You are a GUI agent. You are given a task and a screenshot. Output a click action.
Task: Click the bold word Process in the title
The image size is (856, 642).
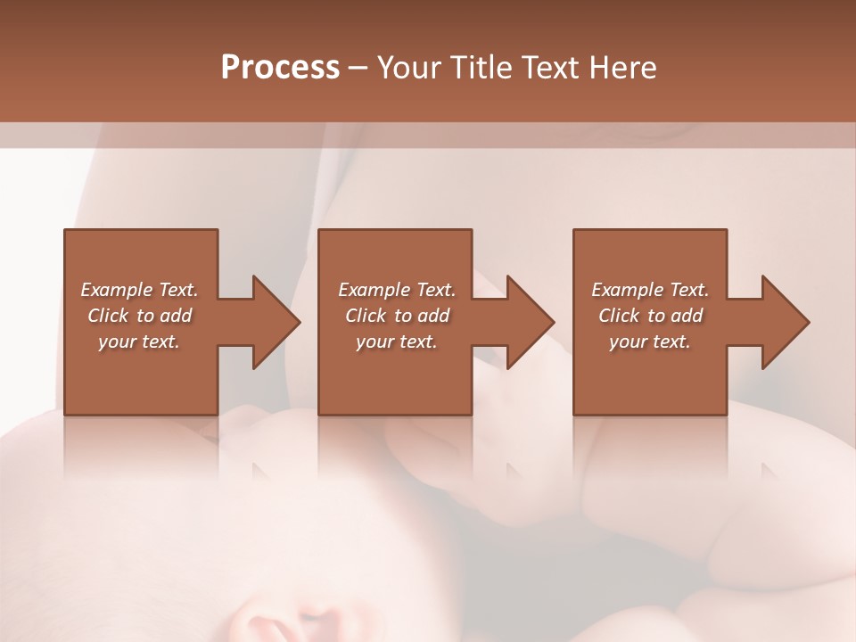click(280, 68)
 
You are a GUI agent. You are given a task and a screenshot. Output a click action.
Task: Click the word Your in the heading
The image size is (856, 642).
click(409, 68)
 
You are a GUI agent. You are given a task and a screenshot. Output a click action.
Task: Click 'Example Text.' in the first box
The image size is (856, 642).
click(139, 290)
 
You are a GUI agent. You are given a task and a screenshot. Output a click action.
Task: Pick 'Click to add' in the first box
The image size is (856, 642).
click(139, 316)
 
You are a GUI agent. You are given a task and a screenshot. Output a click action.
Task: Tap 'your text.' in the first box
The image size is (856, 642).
click(139, 342)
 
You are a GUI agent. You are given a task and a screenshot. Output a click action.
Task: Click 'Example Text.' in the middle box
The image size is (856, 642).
click(397, 290)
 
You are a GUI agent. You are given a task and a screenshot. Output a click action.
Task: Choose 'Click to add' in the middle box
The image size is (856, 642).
click(397, 316)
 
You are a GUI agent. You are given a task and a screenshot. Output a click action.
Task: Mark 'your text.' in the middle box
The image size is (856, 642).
click(397, 342)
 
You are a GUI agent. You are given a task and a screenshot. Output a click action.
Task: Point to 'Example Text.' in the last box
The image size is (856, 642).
click(650, 290)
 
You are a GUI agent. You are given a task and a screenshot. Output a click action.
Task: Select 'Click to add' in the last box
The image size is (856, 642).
click(650, 316)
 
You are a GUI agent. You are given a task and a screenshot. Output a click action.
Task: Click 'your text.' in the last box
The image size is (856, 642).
click(650, 342)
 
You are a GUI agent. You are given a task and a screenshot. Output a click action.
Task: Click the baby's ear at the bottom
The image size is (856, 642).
click(267, 624)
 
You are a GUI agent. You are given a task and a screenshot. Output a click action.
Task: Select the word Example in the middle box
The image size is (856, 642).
click(374, 290)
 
